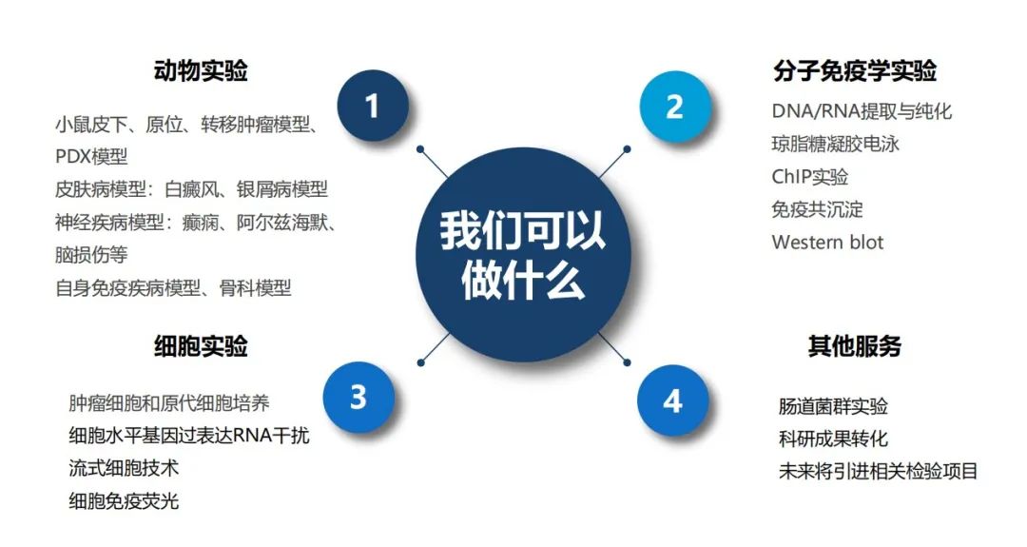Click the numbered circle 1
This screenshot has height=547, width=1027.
(373, 107)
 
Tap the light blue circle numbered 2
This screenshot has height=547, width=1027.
(675, 107)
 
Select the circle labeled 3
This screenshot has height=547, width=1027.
(358, 397)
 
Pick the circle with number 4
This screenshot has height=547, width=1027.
(672, 400)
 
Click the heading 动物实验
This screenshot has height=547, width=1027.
(201, 70)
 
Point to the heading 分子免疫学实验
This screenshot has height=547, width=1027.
(855, 70)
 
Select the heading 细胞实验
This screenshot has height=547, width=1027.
(201, 345)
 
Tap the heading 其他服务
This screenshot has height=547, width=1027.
(855, 345)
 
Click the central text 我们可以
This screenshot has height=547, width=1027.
(522, 230)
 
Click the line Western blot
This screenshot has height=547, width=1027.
(828, 243)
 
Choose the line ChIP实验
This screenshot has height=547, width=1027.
(810, 177)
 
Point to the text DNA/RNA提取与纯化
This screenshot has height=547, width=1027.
(862, 111)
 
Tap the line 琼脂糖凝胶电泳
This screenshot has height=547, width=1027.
(836, 144)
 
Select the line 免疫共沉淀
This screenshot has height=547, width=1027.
(818, 209)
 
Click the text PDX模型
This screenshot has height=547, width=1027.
(91, 157)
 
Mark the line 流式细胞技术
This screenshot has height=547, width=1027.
(124, 468)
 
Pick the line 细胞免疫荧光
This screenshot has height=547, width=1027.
(124, 500)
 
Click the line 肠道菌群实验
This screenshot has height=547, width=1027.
(833, 406)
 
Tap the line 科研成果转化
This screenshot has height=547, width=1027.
(833, 439)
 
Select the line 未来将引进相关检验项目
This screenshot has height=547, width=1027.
(879, 471)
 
